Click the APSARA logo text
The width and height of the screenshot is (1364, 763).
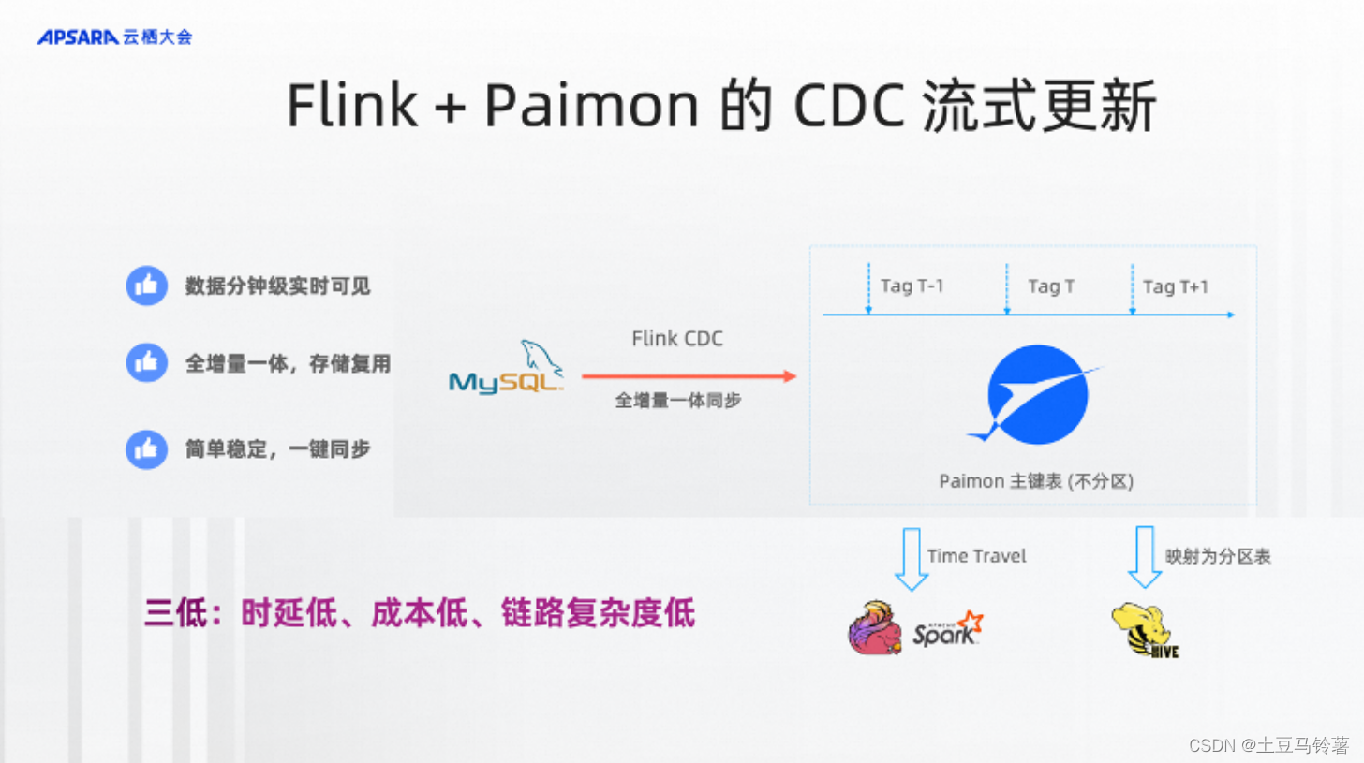[x=78, y=37]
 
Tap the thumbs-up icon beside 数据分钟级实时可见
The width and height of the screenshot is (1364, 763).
[x=146, y=286]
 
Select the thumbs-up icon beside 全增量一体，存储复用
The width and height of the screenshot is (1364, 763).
[x=146, y=362]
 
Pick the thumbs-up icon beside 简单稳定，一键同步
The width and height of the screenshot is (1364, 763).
[x=146, y=449]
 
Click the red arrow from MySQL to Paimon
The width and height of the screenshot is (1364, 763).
[x=689, y=376]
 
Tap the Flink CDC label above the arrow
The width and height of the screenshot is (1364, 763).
[x=677, y=339]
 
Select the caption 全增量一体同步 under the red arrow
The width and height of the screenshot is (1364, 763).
[x=677, y=401]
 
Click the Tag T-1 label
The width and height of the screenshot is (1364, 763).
[x=912, y=286]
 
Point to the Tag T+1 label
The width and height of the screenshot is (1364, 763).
[x=1175, y=286]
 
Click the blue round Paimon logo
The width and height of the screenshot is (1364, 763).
[x=1038, y=394]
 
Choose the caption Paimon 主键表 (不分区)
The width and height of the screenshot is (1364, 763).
[x=1036, y=481]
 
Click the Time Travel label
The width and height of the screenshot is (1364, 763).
[x=976, y=556]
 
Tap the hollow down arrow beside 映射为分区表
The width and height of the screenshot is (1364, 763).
[x=1145, y=556]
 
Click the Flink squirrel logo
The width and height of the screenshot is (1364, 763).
[x=875, y=627]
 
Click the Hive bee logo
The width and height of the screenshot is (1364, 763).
[x=1143, y=631]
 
